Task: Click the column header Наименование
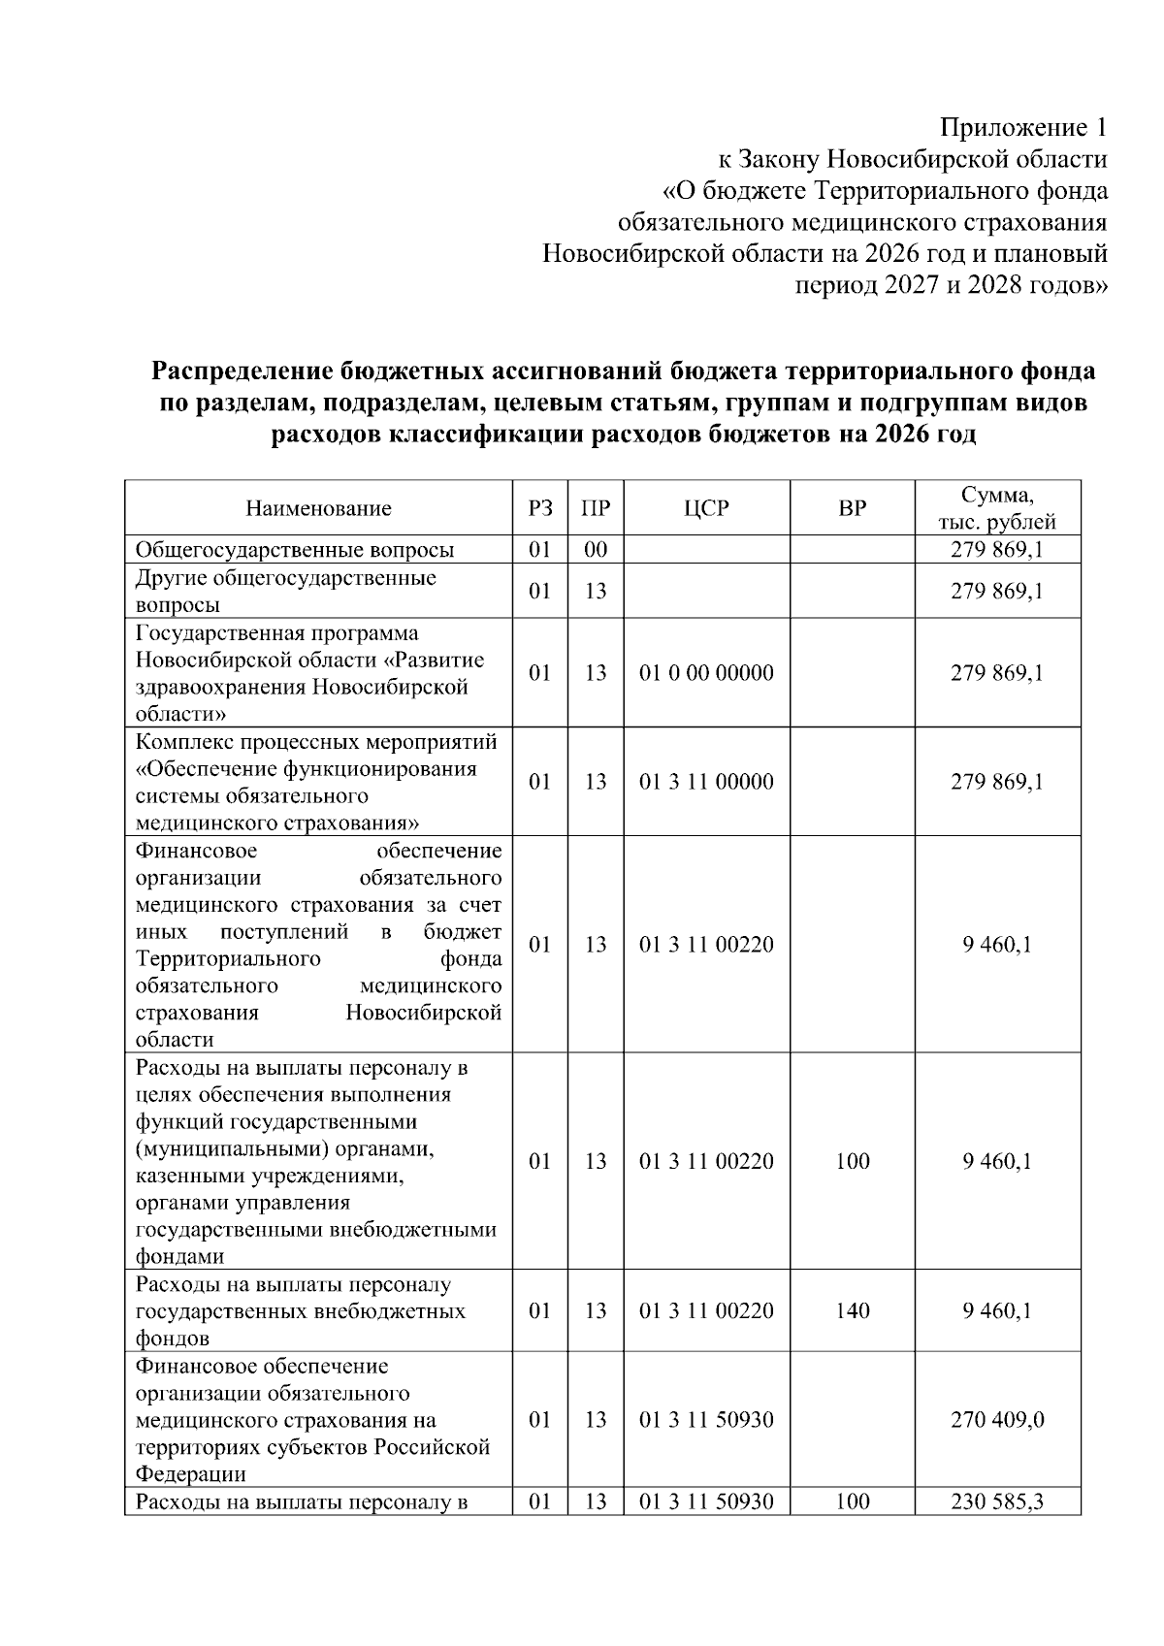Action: click(x=318, y=508)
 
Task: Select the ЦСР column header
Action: click(x=706, y=508)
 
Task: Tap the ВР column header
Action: click(x=852, y=508)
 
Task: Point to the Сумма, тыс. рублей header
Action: click(x=996, y=508)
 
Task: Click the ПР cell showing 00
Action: click(x=596, y=550)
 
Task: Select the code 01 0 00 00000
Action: click(x=706, y=672)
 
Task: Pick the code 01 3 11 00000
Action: click(x=706, y=781)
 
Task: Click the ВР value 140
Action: click(x=852, y=1310)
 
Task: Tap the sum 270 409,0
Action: click(x=996, y=1420)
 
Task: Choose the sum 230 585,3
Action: click(x=996, y=1502)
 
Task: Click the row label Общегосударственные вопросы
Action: click(x=295, y=550)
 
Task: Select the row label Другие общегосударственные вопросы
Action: click(x=286, y=591)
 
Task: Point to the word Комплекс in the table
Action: click(x=183, y=742)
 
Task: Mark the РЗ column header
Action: click(x=540, y=508)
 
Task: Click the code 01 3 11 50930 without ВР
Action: click(x=706, y=1420)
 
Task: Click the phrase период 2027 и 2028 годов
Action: click(x=951, y=286)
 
